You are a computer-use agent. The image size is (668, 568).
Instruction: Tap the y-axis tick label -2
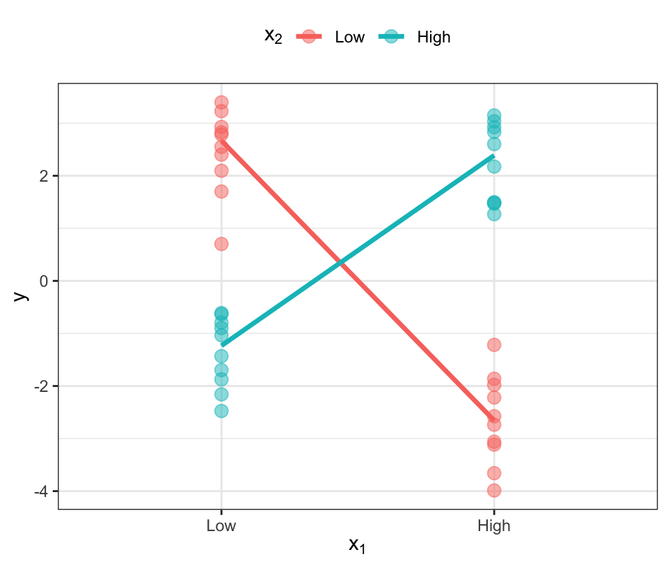40,386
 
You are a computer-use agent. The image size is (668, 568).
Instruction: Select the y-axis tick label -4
40,491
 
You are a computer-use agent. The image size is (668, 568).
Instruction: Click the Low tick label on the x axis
221,526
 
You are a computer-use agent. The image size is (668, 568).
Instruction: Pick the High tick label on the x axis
494,526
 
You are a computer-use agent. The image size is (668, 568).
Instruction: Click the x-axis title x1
357,546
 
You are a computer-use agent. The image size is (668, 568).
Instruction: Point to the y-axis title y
21,296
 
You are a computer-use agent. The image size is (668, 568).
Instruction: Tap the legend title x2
273,37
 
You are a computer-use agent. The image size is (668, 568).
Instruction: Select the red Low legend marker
309,37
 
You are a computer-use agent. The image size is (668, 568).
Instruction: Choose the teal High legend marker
391,37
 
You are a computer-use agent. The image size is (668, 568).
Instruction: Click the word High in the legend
434,38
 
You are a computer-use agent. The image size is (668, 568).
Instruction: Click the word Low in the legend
349,38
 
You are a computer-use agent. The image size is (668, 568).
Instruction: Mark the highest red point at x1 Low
221,103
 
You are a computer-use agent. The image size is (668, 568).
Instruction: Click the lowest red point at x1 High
494,491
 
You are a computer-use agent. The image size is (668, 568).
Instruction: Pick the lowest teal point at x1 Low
221,411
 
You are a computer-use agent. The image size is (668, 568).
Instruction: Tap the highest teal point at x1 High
494,116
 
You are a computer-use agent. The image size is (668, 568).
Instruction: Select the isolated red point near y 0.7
221,244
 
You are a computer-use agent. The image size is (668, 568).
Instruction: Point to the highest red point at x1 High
494,345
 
